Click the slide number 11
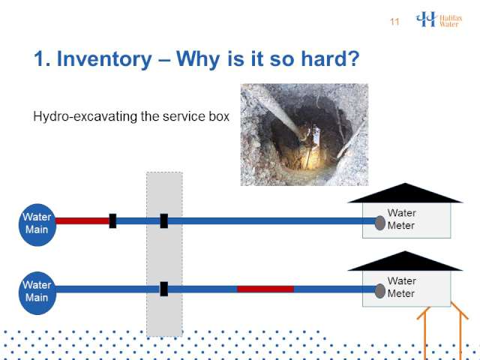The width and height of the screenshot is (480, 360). click(x=394, y=22)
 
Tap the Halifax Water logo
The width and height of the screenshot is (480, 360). click(x=439, y=19)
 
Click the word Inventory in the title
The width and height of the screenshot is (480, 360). click(x=104, y=58)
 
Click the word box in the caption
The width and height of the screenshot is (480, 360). click(x=219, y=116)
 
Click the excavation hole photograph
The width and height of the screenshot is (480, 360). click(x=304, y=135)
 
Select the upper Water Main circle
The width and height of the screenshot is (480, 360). click(x=37, y=225)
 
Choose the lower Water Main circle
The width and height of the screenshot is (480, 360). click(x=37, y=293)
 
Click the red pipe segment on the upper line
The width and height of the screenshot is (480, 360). click(x=82, y=221)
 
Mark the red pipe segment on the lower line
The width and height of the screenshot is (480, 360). click(x=265, y=289)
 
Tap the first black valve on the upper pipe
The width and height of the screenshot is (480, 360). click(x=112, y=221)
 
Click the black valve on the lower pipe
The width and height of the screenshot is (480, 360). click(x=164, y=289)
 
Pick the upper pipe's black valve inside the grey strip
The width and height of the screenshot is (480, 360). click(x=164, y=221)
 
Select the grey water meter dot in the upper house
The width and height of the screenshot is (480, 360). click(x=380, y=223)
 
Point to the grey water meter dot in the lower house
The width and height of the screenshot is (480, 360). click(x=380, y=291)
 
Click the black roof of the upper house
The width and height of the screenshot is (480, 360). click(x=405, y=193)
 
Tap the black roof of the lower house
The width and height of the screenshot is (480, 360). click(x=405, y=262)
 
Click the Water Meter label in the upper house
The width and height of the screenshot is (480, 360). click(x=401, y=219)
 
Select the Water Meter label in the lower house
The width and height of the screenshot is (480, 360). click(x=401, y=287)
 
